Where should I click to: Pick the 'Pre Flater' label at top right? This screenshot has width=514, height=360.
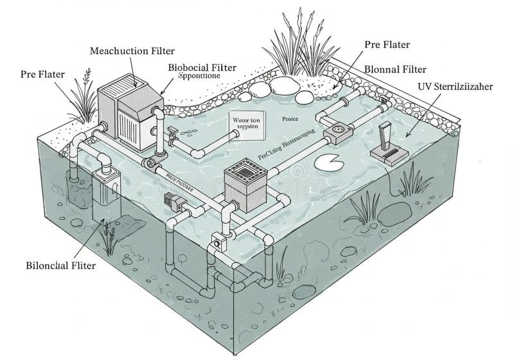(x=387, y=44)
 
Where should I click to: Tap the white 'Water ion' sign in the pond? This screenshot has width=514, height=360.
(x=245, y=123)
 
